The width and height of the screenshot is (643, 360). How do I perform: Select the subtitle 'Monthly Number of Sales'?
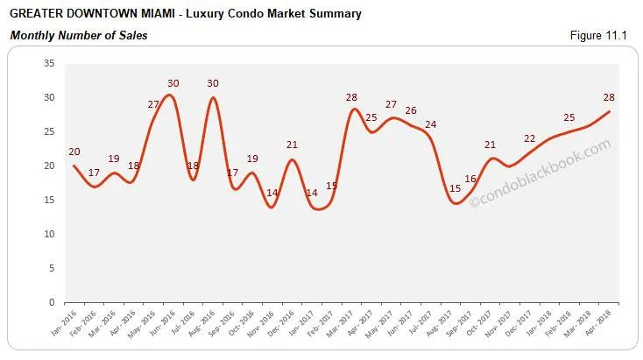(78, 36)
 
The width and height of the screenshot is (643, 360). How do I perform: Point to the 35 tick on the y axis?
(49, 63)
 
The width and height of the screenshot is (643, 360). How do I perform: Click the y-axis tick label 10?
(49, 234)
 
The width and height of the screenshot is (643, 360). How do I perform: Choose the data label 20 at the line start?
(74, 151)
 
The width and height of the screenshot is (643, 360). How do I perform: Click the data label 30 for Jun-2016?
(173, 83)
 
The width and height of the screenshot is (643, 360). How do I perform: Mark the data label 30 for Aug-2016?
(212, 83)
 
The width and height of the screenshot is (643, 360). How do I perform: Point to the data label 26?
(410, 111)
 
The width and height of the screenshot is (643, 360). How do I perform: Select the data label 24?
(430, 124)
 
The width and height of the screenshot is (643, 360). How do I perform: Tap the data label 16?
(470, 180)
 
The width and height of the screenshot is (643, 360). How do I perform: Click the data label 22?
(529, 138)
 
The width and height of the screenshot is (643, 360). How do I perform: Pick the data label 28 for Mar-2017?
(352, 96)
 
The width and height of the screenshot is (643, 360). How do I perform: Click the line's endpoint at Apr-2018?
(608, 111)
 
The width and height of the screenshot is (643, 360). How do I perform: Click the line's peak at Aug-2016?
(212, 97)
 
